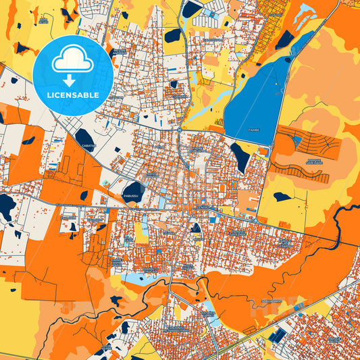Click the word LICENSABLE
[72, 95]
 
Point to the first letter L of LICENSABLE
[48, 95]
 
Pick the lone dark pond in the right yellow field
[282, 197]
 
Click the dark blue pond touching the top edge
[192, 9]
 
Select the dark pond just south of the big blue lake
[239, 156]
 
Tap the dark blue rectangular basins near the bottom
[277, 334]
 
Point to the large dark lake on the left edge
[6, 206]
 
